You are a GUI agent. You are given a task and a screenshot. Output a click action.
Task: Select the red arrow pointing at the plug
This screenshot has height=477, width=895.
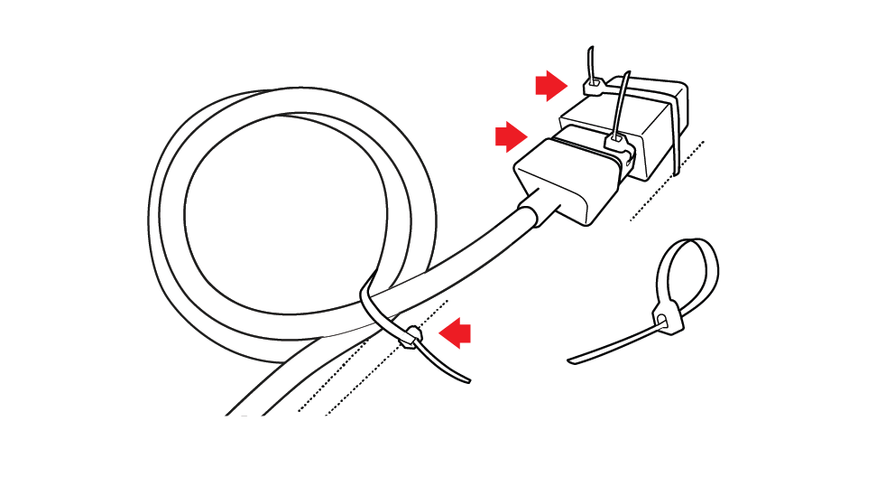coord(510,136)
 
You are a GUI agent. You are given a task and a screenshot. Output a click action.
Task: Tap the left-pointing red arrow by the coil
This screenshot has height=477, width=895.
coord(456,332)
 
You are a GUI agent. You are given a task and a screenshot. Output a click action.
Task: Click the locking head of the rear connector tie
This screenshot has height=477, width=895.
coord(595,88)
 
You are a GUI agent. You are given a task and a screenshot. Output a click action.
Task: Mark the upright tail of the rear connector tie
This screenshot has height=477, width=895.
coord(590,61)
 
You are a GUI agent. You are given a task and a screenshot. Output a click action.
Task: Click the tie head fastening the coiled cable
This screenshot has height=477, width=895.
coord(411,338)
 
